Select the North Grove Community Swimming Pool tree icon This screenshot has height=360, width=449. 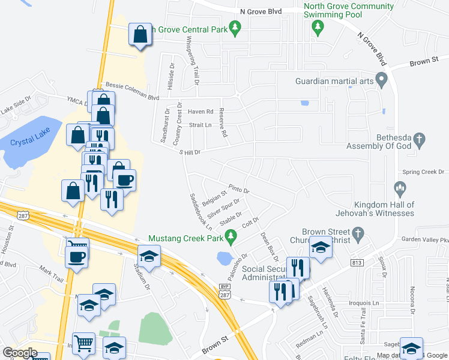(319, 26)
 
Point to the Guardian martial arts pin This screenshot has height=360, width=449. (381, 81)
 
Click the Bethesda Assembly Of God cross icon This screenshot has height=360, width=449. (419, 140)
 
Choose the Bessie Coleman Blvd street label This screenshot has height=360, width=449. (132, 91)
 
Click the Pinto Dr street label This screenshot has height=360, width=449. (238, 189)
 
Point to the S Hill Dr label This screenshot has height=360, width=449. (190, 152)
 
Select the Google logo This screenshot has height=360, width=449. (20, 353)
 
